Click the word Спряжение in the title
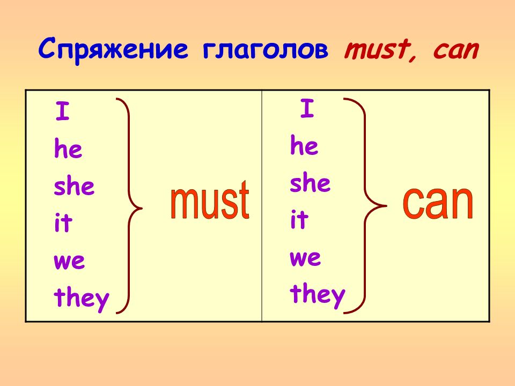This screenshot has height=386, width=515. (113, 49)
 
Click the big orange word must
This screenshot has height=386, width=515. (210, 199)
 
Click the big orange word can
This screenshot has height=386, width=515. (438, 203)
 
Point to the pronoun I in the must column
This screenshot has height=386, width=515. (62, 111)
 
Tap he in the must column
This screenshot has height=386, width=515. (68, 148)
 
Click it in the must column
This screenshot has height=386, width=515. (63, 222)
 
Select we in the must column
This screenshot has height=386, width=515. (69, 261)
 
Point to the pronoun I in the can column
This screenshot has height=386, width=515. (307, 108)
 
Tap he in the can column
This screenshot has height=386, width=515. (304, 145)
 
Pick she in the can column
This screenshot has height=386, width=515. (310, 182)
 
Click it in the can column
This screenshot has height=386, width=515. (299, 219)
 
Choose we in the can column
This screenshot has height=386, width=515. (305, 258)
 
